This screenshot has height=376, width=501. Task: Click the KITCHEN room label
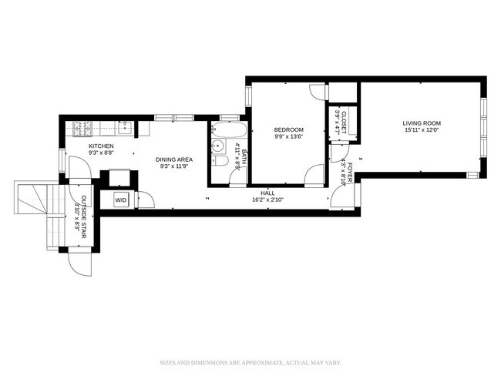point(101,146)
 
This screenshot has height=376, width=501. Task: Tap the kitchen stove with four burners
point(82,126)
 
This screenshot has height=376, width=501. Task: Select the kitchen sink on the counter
point(125,126)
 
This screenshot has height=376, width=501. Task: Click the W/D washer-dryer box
point(121,200)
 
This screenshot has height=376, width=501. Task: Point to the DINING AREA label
point(173,159)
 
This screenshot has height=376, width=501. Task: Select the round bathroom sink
point(217,146)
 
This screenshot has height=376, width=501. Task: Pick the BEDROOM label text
point(288,129)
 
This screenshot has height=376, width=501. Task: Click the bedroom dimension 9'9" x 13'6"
point(288,137)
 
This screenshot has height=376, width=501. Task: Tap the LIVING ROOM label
point(421,123)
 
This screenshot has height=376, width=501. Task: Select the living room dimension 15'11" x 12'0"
point(421,130)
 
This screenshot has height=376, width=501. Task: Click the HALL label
point(267,193)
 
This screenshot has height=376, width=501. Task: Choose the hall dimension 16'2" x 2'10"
point(267,200)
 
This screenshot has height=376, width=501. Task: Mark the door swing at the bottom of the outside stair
point(79,264)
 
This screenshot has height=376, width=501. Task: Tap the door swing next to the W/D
point(146,200)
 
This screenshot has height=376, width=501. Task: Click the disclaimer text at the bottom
point(250,361)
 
